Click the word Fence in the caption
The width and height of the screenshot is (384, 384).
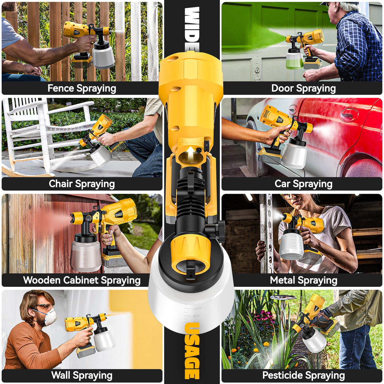point(61,88)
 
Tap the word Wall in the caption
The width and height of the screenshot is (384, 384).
point(61,375)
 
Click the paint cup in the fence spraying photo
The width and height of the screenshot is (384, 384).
point(103,56)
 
